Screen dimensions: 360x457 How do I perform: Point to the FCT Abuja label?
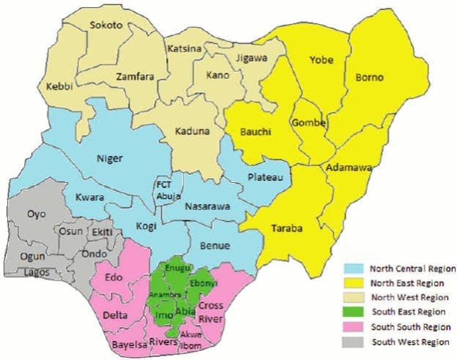point(165,190)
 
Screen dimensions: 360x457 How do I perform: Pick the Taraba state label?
point(291,228)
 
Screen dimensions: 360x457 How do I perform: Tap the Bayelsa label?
point(129,343)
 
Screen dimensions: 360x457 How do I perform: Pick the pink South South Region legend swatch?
point(356,327)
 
